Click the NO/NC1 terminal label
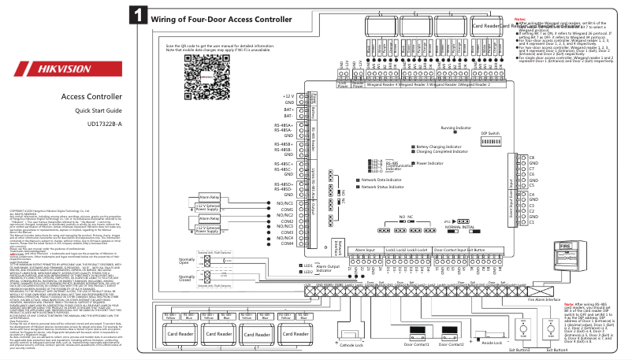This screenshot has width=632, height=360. [x=283, y=202]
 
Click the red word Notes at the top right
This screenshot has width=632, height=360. [x=520, y=17]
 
